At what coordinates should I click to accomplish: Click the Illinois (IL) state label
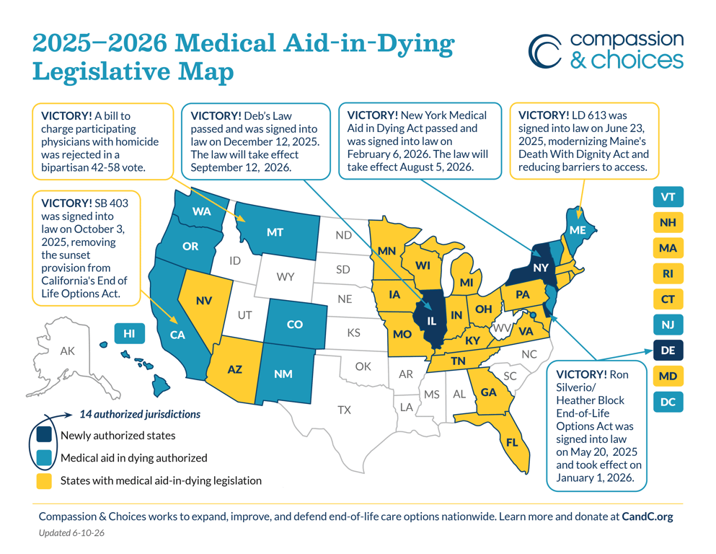pyautogui.click(x=431, y=321)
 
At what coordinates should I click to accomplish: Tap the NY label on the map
pyautogui.click(x=541, y=268)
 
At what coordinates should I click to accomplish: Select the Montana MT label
pyautogui.click(x=275, y=232)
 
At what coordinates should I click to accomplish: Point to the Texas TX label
pyautogui.click(x=345, y=410)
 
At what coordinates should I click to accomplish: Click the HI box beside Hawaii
pyautogui.click(x=129, y=333)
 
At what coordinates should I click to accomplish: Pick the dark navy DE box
pyautogui.click(x=668, y=351)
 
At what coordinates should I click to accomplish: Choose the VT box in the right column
pyautogui.click(x=668, y=197)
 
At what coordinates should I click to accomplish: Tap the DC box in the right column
pyautogui.click(x=668, y=402)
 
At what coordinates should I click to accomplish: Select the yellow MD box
pyautogui.click(x=668, y=377)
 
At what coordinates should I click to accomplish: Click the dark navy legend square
pyautogui.click(x=44, y=435)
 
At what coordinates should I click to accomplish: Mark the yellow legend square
pyautogui.click(x=44, y=481)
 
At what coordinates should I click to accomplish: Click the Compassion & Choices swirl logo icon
pyautogui.click(x=545, y=51)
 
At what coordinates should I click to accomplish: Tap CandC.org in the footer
pyautogui.click(x=648, y=516)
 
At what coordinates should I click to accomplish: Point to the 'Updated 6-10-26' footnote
pyautogui.click(x=71, y=532)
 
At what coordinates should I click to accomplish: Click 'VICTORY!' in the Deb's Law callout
pyautogui.click(x=216, y=116)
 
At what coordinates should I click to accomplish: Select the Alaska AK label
pyautogui.click(x=68, y=351)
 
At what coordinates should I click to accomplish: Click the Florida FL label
pyautogui.click(x=512, y=442)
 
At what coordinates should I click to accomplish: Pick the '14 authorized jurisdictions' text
pyautogui.click(x=140, y=414)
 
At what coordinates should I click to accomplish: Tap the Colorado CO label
pyautogui.click(x=294, y=325)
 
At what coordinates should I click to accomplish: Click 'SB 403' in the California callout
pyautogui.click(x=112, y=203)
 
